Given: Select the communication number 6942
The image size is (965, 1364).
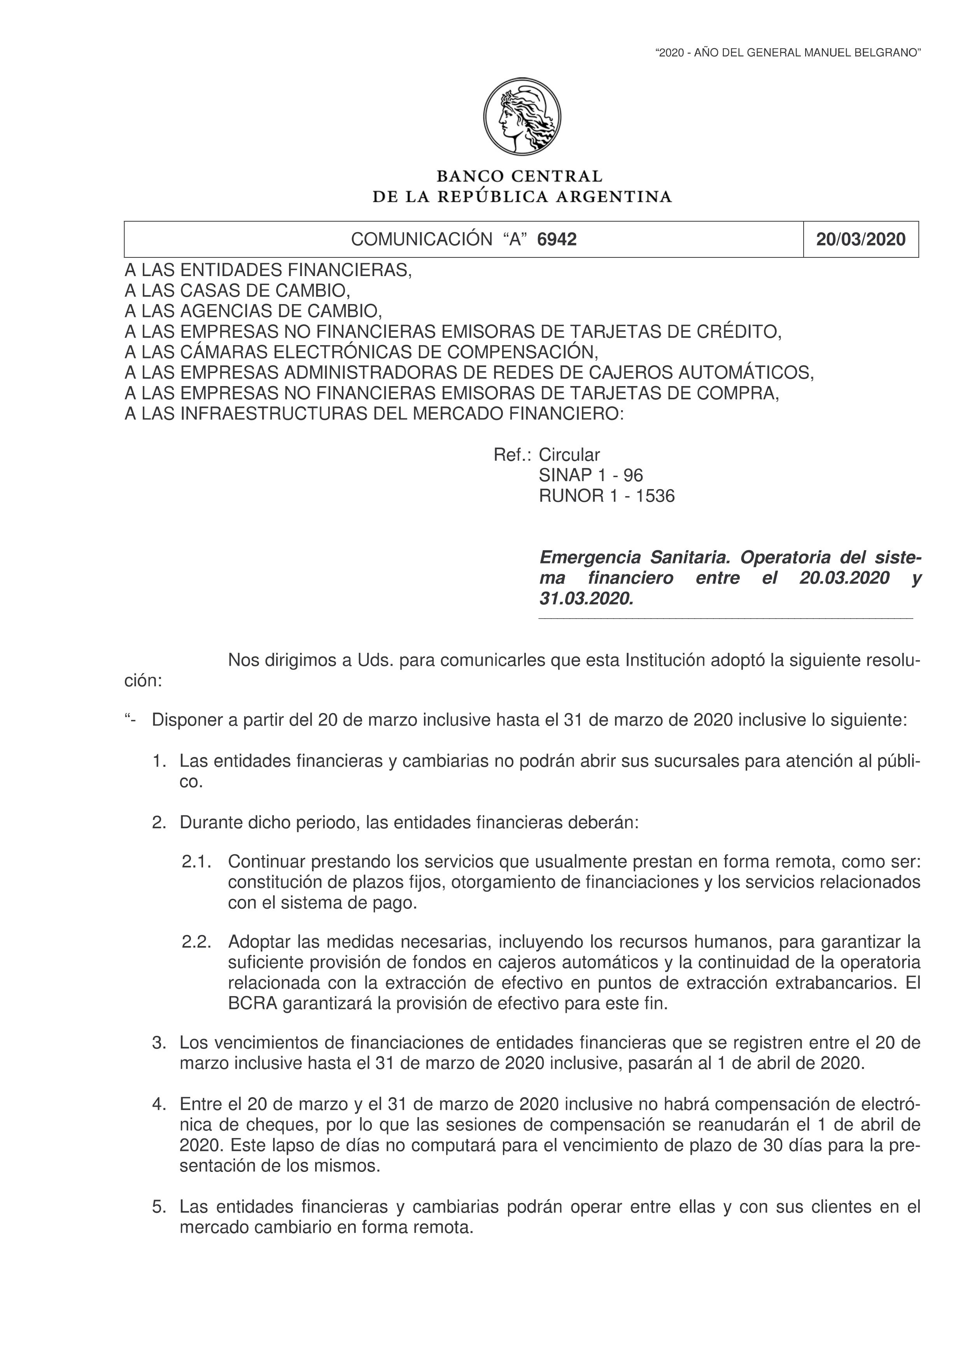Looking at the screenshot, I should click(557, 240).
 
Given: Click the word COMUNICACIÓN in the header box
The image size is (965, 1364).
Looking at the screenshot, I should click(421, 240).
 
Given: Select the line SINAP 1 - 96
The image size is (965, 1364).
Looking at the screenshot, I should click(591, 475).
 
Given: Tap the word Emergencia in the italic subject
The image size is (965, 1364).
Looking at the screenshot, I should click(590, 558).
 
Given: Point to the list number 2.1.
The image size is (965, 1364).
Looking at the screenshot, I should click(197, 861).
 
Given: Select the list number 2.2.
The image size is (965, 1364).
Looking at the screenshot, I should click(197, 942).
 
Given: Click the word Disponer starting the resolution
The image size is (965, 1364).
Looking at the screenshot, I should click(188, 720).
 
